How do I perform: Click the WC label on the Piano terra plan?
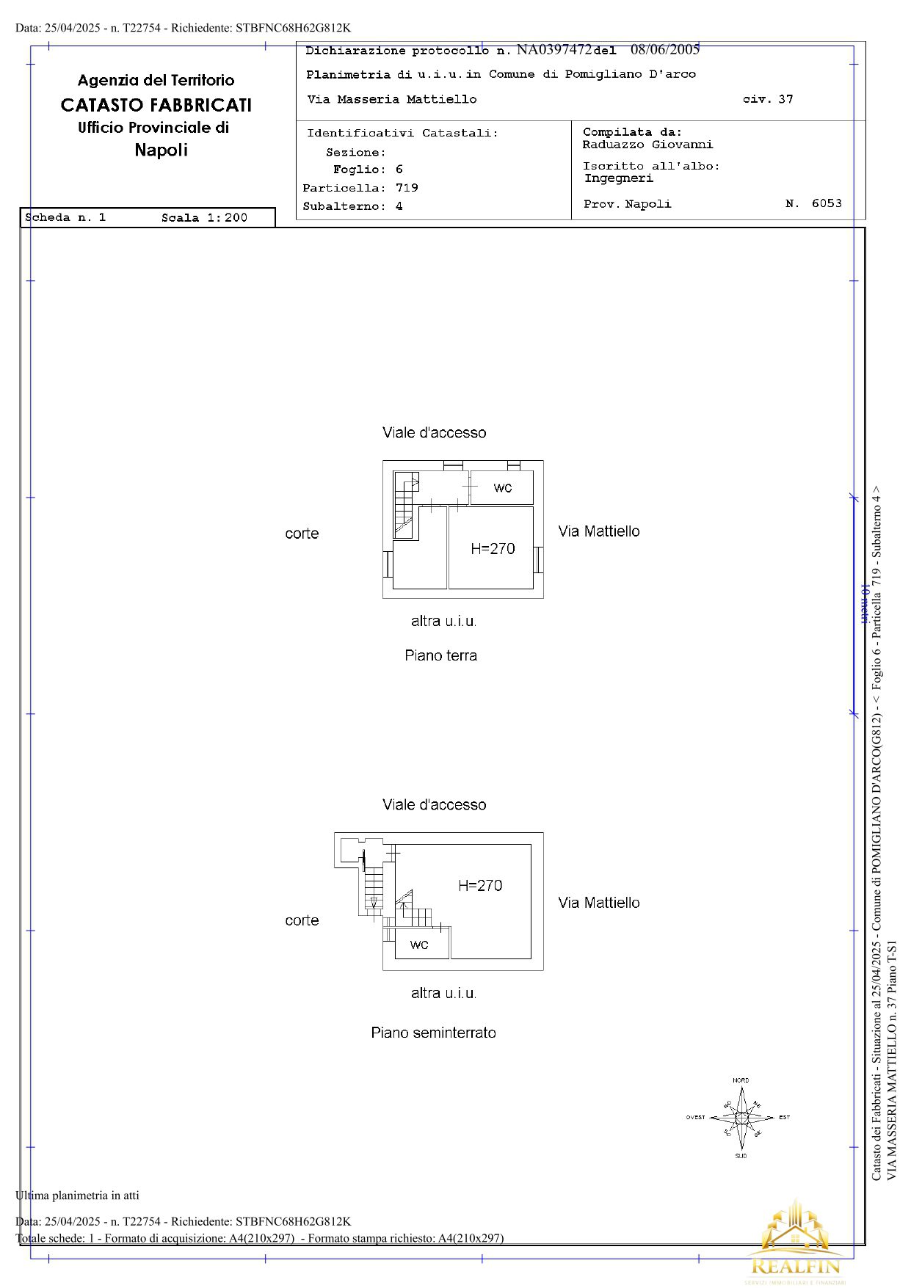(503, 488)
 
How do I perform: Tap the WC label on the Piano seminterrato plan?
(419, 945)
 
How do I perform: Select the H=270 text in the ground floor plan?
(493, 548)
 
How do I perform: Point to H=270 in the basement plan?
(480, 885)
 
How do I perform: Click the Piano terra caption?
(440, 655)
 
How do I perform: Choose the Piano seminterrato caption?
(433, 1033)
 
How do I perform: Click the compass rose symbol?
(741, 1118)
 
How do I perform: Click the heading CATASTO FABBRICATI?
(156, 105)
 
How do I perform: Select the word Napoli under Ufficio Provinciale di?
(161, 150)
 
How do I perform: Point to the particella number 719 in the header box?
(407, 188)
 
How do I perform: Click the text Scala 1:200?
(204, 218)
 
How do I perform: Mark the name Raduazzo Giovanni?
(647, 145)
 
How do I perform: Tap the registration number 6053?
(827, 203)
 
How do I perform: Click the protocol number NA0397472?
(554, 50)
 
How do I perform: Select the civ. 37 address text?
(768, 99)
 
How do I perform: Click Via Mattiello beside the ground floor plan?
(599, 531)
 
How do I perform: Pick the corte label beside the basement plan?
(302, 920)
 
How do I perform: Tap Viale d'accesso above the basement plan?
(434, 805)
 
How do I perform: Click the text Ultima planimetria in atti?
(77, 1196)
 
